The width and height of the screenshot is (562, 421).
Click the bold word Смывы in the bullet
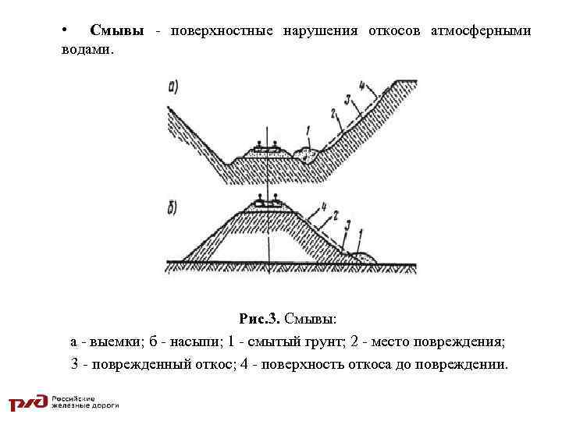116,30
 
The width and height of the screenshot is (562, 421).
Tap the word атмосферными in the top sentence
481,30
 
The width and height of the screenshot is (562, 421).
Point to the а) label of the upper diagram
174,87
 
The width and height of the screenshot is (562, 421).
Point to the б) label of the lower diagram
173,208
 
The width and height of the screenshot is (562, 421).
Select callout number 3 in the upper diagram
347,99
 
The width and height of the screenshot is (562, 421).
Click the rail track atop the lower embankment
267,203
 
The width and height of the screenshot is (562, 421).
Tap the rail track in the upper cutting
267,149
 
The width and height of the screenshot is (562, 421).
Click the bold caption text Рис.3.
260,319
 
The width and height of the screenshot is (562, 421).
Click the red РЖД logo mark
28,402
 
